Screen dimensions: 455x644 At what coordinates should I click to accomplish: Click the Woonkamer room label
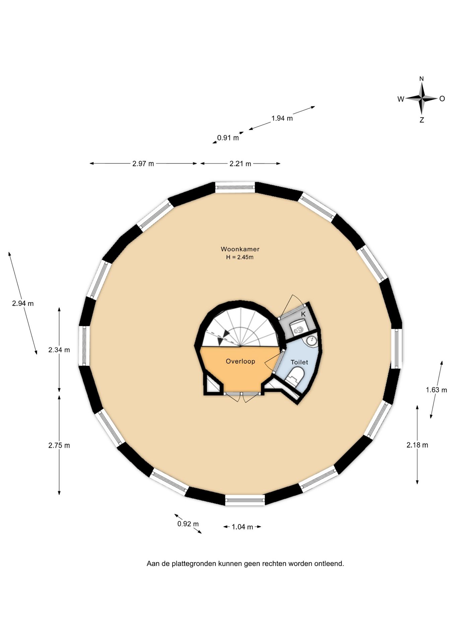coord(240,249)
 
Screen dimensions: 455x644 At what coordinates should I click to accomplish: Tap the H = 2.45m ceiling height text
coord(240,257)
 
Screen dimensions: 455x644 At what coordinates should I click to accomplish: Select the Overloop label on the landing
coord(240,361)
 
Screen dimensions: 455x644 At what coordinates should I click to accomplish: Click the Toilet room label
coord(299,362)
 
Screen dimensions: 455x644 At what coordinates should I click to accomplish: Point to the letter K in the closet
coord(303,314)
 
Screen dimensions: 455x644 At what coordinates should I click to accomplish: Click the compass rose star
coord(421,99)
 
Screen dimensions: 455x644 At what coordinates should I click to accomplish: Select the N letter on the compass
coord(421,79)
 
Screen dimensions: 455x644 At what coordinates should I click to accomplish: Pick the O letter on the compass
coord(442,99)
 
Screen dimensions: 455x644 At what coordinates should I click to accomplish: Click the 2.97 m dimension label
coord(143,164)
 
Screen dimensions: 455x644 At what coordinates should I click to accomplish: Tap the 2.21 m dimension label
coord(240,164)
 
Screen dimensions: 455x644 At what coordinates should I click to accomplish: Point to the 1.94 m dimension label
coord(282,118)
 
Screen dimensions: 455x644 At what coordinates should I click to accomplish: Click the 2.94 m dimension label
coord(23,304)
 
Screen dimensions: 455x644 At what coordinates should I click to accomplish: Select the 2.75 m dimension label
coord(59,445)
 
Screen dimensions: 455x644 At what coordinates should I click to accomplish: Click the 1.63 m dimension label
coord(436,390)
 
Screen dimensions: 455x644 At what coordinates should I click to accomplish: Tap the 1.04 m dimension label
coord(242,527)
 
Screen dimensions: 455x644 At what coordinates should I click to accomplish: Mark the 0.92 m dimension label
coord(188,524)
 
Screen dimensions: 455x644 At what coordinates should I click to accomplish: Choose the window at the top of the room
coord(235,187)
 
